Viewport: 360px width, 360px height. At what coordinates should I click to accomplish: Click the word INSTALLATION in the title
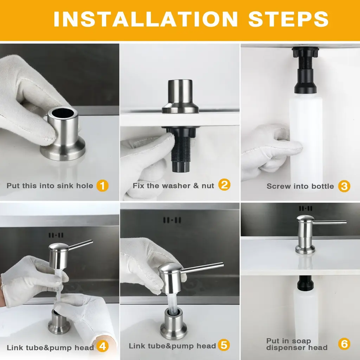click(x=146, y=19)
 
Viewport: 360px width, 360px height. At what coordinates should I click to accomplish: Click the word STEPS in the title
click(x=288, y=19)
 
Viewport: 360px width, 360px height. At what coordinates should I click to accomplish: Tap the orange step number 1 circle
click(x=102, y=186)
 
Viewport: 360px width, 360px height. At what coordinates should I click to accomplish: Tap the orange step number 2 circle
click(x=224, y=185)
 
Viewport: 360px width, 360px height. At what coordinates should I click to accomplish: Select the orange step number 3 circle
click(x=344, y=186)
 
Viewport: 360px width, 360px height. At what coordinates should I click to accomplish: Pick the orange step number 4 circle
click(x=102, y=346)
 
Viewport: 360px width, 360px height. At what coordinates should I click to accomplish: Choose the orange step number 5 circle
click(x=224, y=345)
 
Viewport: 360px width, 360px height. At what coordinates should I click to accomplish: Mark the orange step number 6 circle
click(x=344, y=344)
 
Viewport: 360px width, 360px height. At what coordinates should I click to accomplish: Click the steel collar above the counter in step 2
click(x=180, y=96)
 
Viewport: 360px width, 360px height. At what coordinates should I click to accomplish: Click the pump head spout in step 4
click(x=81, y=245)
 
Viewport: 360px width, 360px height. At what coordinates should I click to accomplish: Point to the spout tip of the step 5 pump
click(x=222, y=265)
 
